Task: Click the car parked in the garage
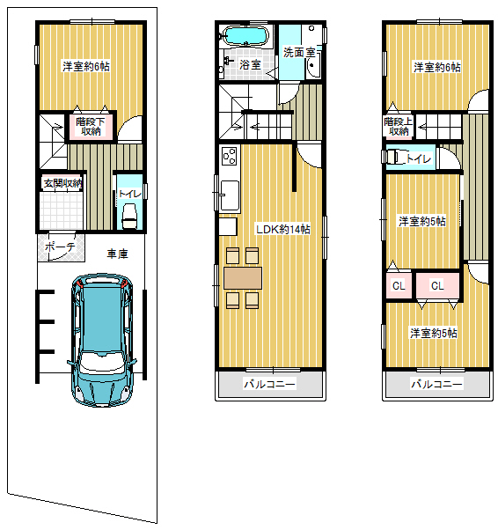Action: pos(102,340)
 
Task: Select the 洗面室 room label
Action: pos(299,53)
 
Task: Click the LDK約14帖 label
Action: pos(283,230)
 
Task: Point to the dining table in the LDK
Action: pos(243,278)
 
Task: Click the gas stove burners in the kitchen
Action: pos(229,156)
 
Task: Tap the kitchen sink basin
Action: pos(230,195)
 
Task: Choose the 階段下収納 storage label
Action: pos(91,126)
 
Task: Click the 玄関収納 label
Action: pos(62,183)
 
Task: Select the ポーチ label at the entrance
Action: pos(60,247)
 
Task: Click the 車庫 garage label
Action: pos(117,254)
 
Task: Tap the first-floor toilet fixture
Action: pos(129,217)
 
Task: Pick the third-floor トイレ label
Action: pos(418,158)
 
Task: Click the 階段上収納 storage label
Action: pos(398,126)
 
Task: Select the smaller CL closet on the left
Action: pos(399,286)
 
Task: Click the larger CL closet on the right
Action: pos(437,286)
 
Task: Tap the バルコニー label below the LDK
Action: pos(269,384)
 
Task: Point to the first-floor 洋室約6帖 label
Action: pos(86,66)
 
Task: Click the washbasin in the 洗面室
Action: pos(313,65)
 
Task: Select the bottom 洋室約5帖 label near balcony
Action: pos(434,334)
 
